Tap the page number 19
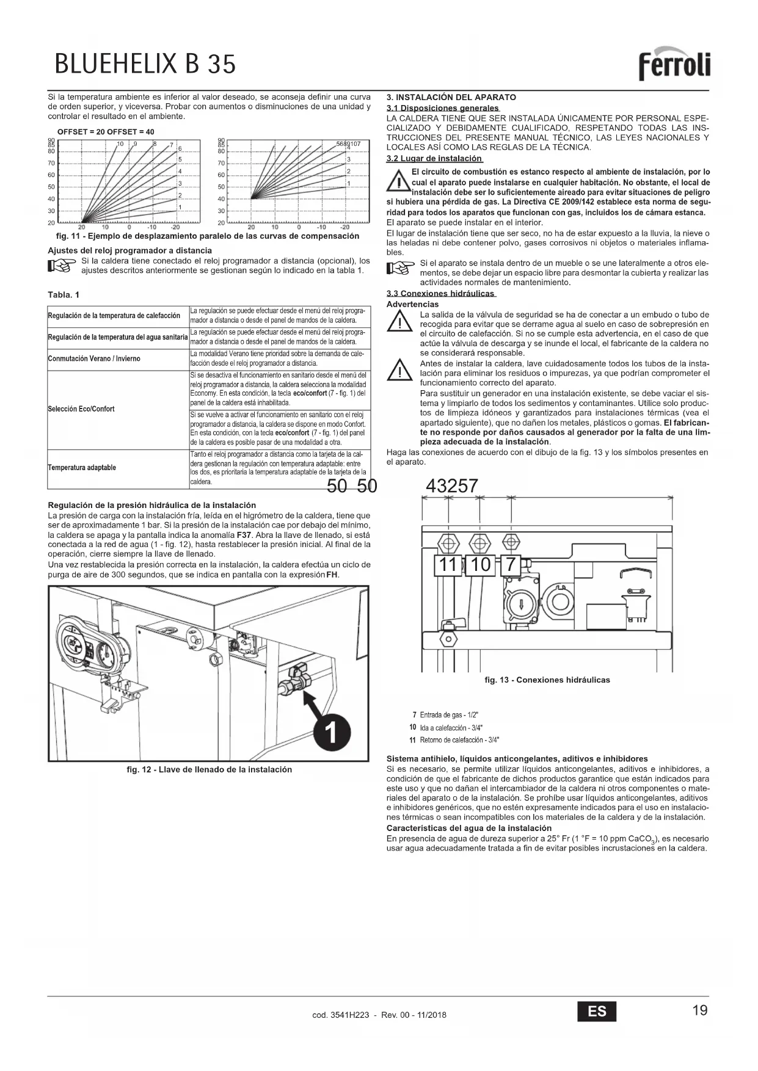700,1010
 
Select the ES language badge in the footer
597,1011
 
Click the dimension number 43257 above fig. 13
451,486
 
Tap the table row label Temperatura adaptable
82,468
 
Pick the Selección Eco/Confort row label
81,409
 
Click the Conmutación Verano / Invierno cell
94,358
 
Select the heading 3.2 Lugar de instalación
434,159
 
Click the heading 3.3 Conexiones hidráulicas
440,294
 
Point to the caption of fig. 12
209,769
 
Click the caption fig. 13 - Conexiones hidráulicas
547,680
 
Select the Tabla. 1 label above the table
64,295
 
